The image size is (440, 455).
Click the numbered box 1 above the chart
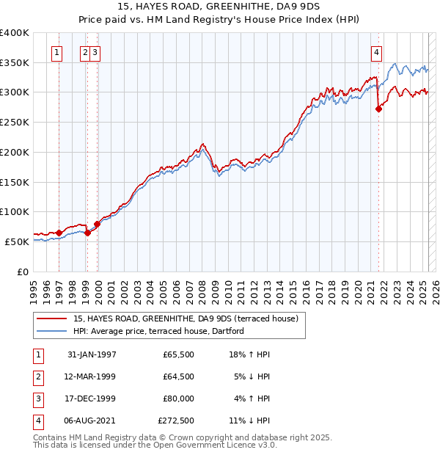(x=57, y=52)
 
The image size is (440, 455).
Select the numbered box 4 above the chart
(x=376, y=52)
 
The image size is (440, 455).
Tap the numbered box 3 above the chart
(x=96, y=52)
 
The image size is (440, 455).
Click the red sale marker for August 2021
(x=379, y=109)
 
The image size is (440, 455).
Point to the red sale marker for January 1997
(x=59, y=233)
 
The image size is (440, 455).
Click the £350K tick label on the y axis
(x=15, y=63)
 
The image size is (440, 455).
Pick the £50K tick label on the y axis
(x=18, y=241)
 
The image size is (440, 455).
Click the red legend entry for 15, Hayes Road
(x=186, y=319)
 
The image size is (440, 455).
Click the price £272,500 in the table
(x=176, y=421)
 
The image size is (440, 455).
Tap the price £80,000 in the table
(x=178, y=398)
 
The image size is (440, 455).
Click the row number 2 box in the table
(x=37, y=376)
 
